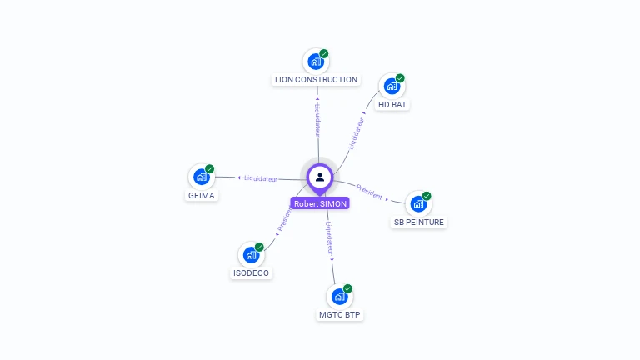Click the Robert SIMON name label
point(320,203)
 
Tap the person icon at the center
point(320,177)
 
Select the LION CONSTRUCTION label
point(316,80)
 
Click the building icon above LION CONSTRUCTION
point(315,61)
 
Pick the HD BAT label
point(392,105)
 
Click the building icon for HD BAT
point(392,86)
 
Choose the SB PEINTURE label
point(419,222)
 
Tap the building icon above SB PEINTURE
point(418,203)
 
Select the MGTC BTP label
point(340,315)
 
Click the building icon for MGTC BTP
point(339,296)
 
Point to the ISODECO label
point(251,273)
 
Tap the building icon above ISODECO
point(251,254)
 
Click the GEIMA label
point(201,196)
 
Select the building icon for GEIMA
point(201,177)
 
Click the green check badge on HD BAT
point(400,78)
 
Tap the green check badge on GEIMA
point(209,169)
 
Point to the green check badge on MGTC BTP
point(347,288)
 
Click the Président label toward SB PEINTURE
point(369,191)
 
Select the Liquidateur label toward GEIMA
point(261,178)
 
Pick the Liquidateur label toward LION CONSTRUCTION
point(317,120)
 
